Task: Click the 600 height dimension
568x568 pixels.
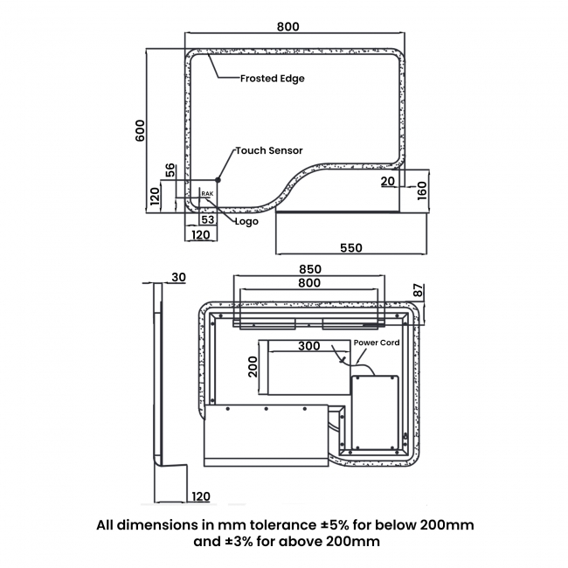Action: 140,130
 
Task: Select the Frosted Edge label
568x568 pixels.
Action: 273,79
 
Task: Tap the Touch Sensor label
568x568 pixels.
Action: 269,150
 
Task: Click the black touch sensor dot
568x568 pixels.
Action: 218,180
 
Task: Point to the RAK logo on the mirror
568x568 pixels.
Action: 207,194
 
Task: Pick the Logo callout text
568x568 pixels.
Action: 246,221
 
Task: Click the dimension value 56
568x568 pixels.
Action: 170,170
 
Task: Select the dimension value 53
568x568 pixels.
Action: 208,219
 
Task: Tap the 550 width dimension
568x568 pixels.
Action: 351,248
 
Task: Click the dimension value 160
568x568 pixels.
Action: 422,190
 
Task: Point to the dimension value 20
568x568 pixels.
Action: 388,181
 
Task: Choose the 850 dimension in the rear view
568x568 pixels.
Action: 310,269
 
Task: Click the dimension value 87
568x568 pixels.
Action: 418,290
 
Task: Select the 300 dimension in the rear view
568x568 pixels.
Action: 309,346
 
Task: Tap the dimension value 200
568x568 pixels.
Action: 253,367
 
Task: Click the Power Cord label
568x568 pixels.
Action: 377,343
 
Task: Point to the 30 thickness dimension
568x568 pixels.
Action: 178,277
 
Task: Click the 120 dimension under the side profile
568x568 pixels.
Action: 201,496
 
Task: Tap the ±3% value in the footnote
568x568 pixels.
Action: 240,542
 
